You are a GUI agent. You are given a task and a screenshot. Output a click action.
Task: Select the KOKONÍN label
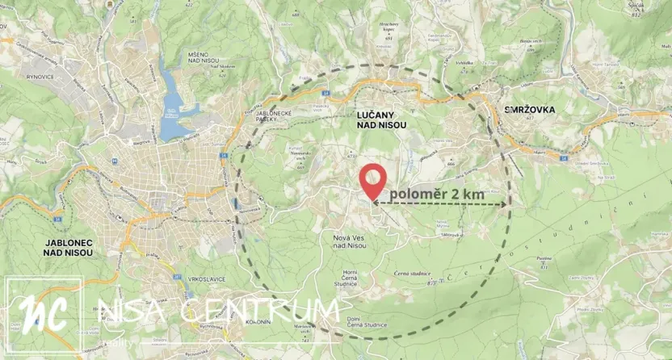(x=258, y=321)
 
